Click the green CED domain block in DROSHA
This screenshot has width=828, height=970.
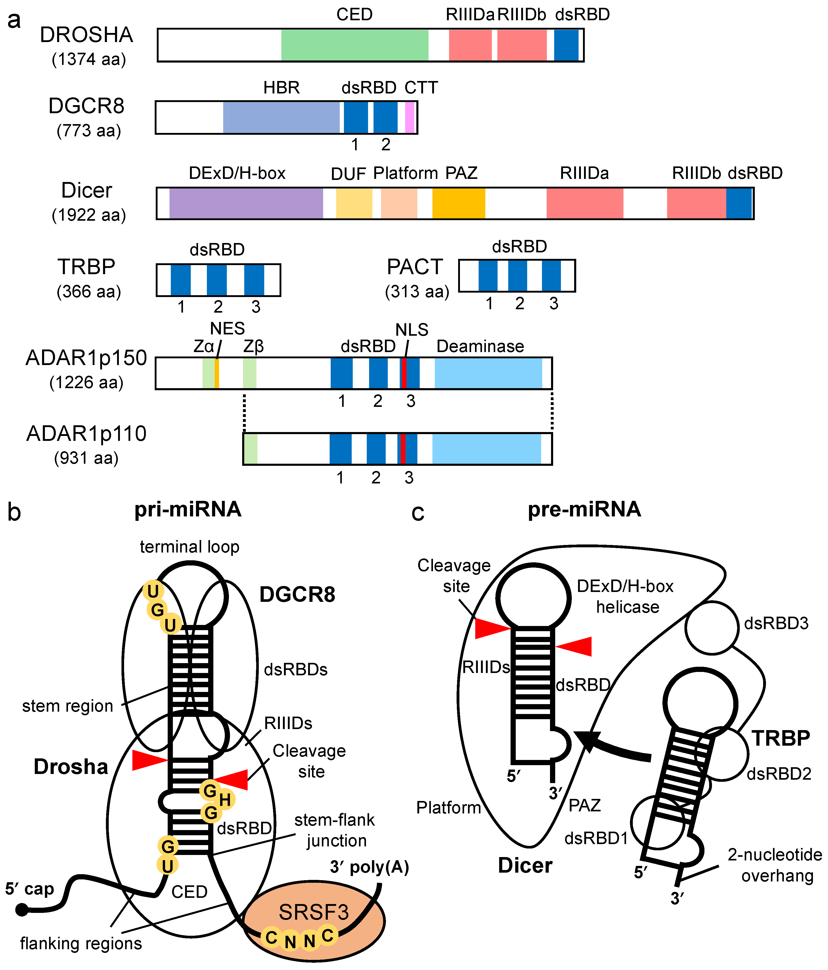click(x=354, y=45)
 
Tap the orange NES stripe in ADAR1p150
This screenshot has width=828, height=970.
click(x=217, y=373)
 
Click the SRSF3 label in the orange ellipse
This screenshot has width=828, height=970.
click(x=314, y=912)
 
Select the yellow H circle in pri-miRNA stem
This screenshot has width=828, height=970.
click(x=225, y=800)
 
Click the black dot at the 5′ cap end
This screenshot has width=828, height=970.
click(x=22, y=910)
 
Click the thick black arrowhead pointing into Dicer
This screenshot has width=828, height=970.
click(x=588, y=740)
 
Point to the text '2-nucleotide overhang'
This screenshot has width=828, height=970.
click(x=775, y=865)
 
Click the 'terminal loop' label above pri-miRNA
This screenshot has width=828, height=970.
click(x=189, y=547)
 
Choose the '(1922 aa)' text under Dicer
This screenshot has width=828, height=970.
click(x=89, y=215)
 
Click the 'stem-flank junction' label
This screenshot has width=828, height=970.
click(x=335, y=830)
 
